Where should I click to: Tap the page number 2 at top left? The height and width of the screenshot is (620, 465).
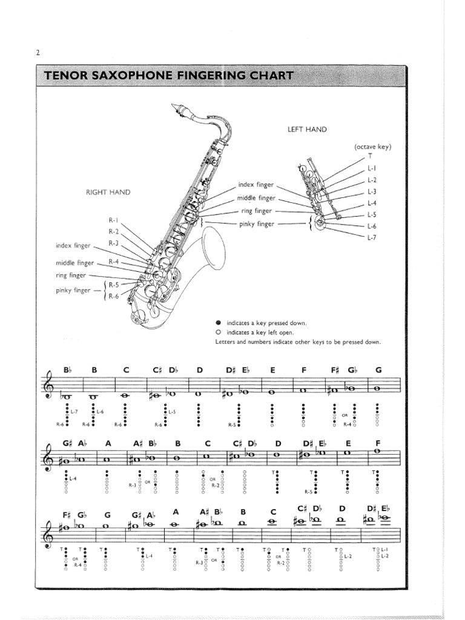click(x=37, y=53)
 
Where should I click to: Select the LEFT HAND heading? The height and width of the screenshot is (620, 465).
click(x=307, y=129)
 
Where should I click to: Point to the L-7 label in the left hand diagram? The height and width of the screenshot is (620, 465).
click(x=372, y=237)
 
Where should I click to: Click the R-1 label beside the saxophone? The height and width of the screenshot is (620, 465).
click(x=114, y=220)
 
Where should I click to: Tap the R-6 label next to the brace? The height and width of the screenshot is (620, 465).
click(x=114, y=295)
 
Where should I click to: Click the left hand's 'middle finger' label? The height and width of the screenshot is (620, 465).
click(x=256, y=198)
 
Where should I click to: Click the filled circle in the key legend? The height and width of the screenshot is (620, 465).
click(x=219, y=323)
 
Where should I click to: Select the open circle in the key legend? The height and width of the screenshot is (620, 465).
click(x=219, y=332)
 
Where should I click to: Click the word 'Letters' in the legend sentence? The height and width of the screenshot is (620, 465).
click(x=226, y=342)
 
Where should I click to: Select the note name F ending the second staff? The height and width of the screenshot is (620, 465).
click(x=377, y=443)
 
